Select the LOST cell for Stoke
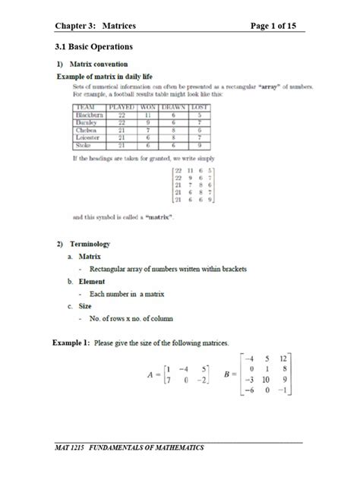coord(198,144)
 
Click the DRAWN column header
coord(175,108)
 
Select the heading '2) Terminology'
coord(83,244)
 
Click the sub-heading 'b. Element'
coord(87,281)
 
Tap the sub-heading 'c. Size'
coord(81,306)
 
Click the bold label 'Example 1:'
coord(71,343)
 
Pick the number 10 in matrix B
coord(263,380)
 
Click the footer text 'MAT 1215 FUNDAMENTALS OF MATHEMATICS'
coord(129,448)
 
